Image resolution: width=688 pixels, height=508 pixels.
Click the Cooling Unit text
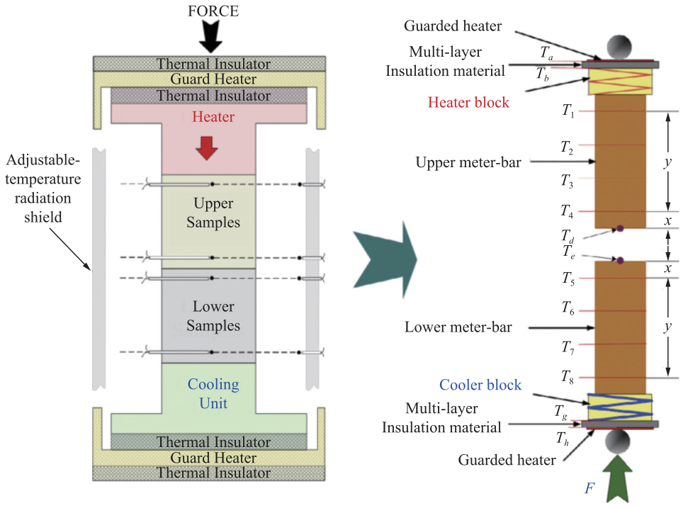tap(213, 394)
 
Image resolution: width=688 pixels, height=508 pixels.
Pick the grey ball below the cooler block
tap(619, 443)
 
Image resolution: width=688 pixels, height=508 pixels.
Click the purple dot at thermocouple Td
tap(619, 228)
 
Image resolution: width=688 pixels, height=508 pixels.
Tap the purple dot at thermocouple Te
tap(619, 261)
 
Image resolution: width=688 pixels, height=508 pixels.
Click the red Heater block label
tap(468, 103)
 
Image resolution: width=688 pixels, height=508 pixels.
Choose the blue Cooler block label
tap(480, 385)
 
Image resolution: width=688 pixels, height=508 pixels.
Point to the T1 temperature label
tap(568, 111)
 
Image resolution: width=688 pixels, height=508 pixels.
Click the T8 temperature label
tap(568, 376)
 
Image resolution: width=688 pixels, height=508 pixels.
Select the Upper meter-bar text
tap(468, 162)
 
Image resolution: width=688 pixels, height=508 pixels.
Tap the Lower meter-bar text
tap(458, 327)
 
